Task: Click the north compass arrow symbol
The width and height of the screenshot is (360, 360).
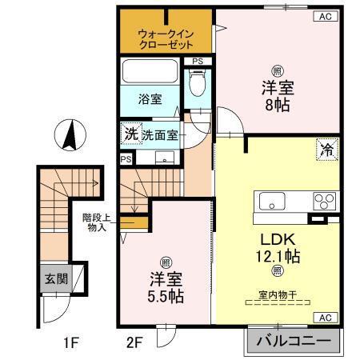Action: (69, 133)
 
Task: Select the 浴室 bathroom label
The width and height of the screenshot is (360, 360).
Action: (150, 99)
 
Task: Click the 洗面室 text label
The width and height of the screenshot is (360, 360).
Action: (161, 134)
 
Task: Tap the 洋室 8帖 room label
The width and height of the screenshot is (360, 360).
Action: (277, 94)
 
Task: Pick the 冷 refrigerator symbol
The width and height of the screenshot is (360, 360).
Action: (328, 149)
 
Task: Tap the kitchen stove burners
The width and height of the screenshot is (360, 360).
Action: (324, 201)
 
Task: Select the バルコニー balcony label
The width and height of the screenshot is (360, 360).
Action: (292, 342)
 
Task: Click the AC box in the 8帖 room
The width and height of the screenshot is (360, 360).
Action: (325, 16)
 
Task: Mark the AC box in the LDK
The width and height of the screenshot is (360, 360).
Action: (325, 318)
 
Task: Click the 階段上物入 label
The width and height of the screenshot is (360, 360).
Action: (97, 221)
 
